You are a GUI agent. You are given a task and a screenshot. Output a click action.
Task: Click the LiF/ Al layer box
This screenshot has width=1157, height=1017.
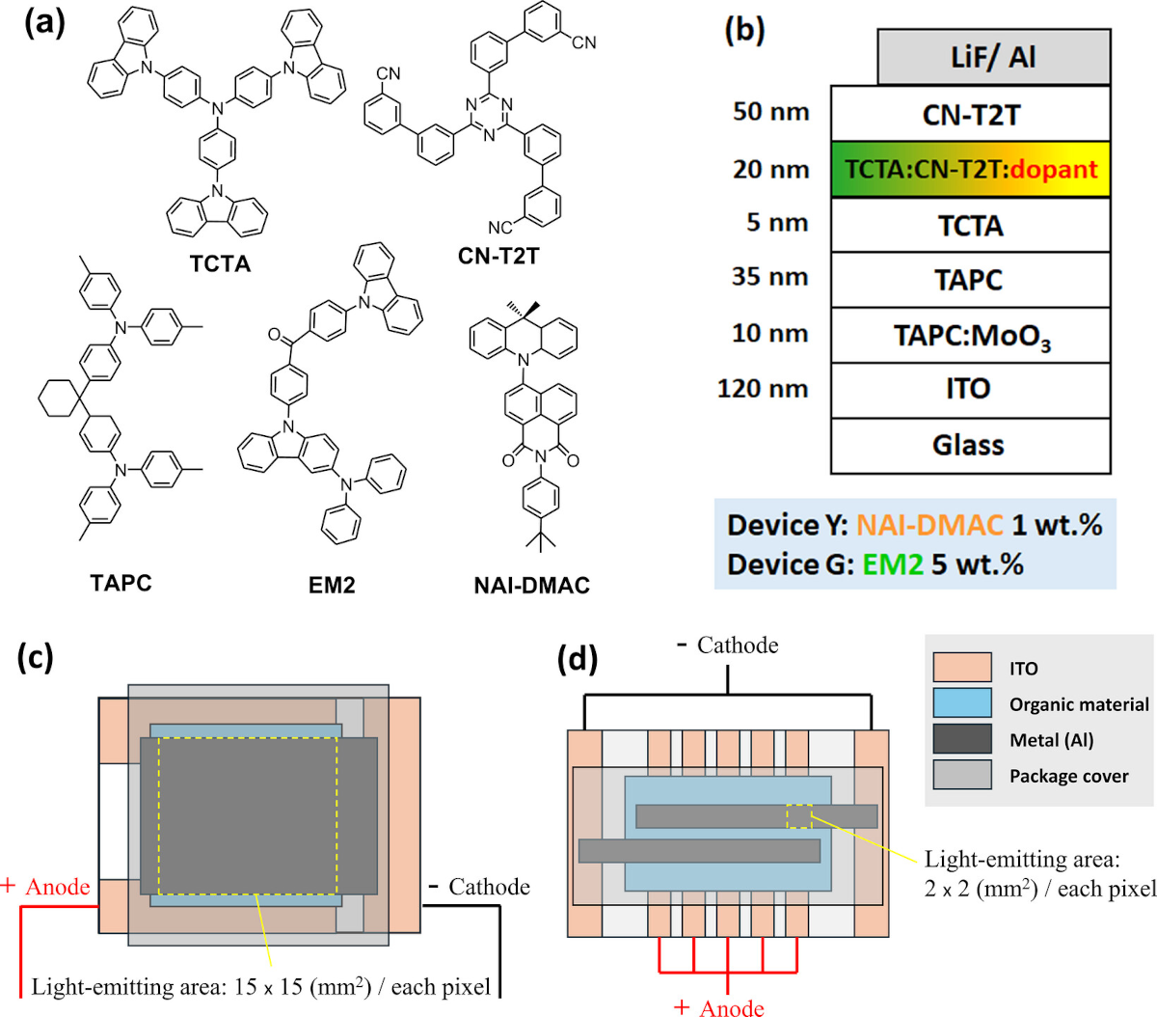[x=993, y=57]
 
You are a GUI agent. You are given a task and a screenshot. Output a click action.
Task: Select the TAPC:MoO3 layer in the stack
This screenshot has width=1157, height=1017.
[x=970, y=335]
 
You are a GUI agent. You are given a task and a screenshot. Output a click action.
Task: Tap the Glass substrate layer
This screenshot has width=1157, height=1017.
[x=970, y=446]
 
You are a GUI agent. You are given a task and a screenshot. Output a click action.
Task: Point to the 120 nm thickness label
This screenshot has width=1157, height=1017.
[x=763, y=389]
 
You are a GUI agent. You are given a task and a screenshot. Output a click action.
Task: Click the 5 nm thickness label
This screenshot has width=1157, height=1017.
[x=777, y=222]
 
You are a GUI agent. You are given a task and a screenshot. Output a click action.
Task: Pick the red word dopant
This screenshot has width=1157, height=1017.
[x=1054, y=169]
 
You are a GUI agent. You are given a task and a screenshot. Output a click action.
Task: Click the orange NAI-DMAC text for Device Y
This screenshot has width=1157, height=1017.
[x=929, y=525]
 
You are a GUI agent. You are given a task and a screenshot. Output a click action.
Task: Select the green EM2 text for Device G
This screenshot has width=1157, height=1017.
[x=893, y=564]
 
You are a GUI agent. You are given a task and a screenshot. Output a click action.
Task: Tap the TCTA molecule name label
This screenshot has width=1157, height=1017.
[x=221, y=263]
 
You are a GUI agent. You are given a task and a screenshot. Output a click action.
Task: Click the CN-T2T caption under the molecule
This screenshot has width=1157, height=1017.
[x=498, y=256]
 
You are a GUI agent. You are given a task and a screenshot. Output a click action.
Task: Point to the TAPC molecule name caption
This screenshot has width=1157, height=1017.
[x=121, y=583]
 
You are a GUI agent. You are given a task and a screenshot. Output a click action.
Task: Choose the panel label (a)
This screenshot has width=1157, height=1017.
[x=44, y=23]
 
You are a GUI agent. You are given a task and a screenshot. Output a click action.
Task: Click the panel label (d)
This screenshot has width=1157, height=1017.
[x=578, y=658]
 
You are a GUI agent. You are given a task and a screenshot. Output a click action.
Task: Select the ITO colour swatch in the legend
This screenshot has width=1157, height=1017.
[x=962, y=667]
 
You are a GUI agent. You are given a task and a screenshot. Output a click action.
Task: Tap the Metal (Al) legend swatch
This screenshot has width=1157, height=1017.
[x=962, y=739]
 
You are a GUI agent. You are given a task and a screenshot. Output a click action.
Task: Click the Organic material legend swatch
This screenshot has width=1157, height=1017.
[x=962, y=703]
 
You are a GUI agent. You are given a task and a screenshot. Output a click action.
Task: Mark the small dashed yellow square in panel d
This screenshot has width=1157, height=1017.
[x=799, y=816]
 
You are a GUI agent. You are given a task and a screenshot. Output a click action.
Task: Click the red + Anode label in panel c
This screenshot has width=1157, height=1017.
[x=45, y=887]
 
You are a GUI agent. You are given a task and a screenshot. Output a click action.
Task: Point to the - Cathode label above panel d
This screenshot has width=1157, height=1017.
[x=728, y=646]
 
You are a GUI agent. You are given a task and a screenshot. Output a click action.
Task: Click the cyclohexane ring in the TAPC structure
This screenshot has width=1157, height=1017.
[x=60, y=399]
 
